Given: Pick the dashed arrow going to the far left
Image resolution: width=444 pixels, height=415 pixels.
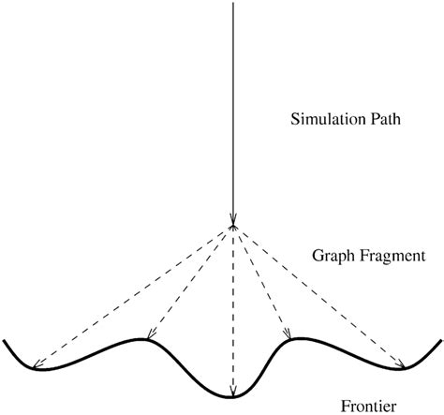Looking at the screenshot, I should (x=131, y=295).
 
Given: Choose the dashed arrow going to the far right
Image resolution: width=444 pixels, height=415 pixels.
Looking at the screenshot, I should (x=318, y=295).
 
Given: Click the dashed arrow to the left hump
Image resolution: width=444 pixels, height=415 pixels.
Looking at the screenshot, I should (x=187, y=281).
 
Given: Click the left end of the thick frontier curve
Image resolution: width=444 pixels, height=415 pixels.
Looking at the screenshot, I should (x=5, y=342).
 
